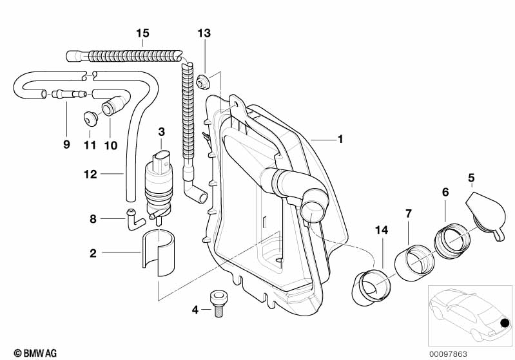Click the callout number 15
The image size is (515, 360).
[x=142, y=33]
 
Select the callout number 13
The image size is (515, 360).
[x=204, y=33]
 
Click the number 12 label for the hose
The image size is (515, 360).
[x=90, y=173]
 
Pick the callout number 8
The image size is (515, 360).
[x=93, y=218]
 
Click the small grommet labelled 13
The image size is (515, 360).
[x=204, y=82]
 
